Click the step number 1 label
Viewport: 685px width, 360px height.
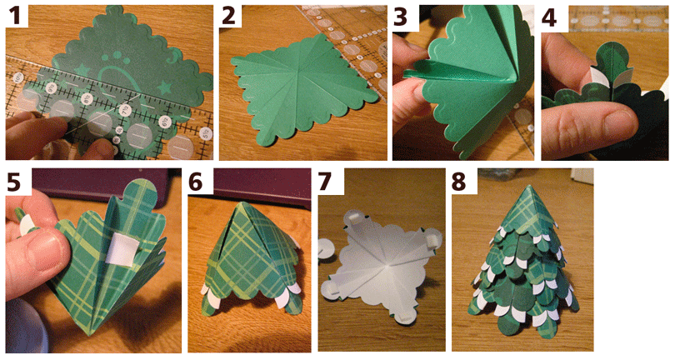[x=16, y=16]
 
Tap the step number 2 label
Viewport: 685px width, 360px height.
[x=229, y=16]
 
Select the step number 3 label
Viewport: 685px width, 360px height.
[x=402, y=16]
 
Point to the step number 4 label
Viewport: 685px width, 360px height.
[x=549, y=17]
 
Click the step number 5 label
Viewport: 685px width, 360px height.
[x=13, y=182]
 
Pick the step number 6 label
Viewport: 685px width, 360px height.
[x=196, y=182]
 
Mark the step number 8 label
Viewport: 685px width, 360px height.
[x=458, y=182]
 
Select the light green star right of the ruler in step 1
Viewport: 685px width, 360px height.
[x=165, y=87]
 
